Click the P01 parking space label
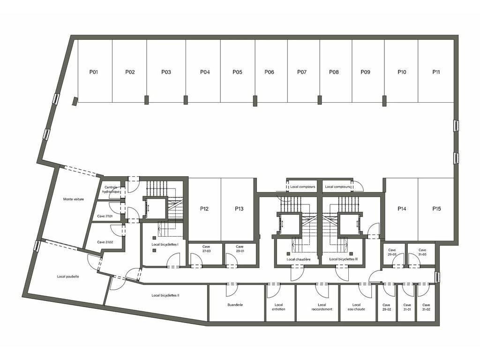(94, 72)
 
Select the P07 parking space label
(302, 72)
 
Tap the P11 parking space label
(436, 72)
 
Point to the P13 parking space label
(239, 209)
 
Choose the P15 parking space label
(437, 209)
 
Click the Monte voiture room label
(74, 199)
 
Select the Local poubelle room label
(68, 277)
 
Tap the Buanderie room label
(235, 305)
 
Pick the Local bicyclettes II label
(165, 296)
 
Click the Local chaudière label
(299, 260)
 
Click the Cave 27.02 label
(105, 242)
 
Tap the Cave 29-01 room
(240, 254)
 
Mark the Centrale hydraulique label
(111, 189)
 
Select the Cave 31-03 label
(422, 252)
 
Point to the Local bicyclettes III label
(344, 259)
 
